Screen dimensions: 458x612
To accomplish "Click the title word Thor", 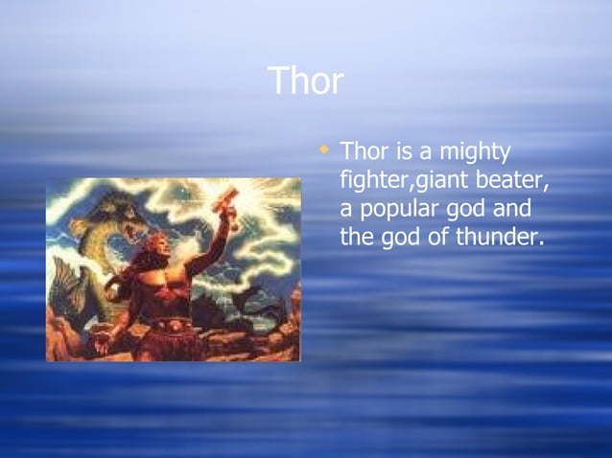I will [x=305, y=81].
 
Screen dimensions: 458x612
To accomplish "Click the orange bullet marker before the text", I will [x=325, y=149].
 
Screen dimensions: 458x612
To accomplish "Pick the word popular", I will [x=402, y=210].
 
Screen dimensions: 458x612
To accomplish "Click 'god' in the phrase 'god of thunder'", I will [x=400, y=237].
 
